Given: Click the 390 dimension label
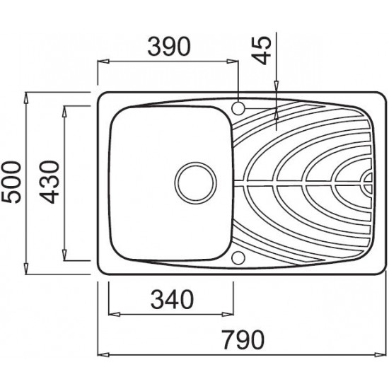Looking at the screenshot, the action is click(169, 47).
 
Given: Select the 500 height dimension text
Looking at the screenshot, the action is click(11, 182).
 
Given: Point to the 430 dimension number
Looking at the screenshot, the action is click(49, 182).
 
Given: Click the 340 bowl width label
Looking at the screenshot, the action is click(172, 299).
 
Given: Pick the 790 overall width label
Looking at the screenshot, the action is click(243, 340).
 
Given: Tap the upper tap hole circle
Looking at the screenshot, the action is click(238, 108).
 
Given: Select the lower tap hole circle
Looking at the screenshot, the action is click(238, 257).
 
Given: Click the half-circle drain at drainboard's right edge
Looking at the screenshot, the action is click(366, 183).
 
